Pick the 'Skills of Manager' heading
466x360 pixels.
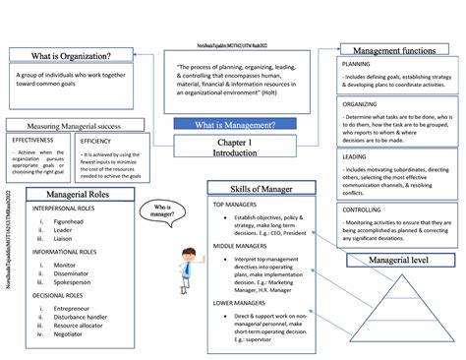(262, 188)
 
